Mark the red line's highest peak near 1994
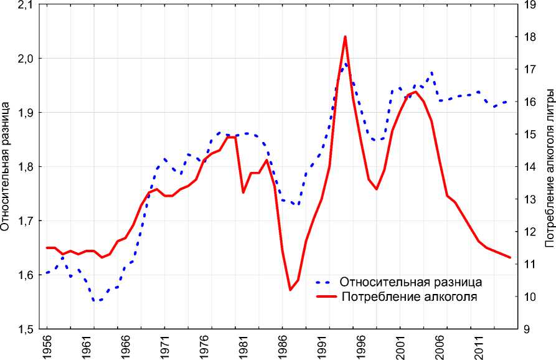point(345,37)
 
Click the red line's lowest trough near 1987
point(290,290)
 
